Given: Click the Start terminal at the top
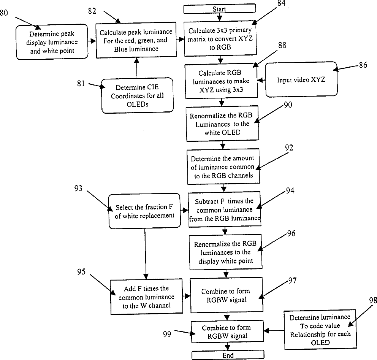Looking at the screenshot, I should pos(219,9).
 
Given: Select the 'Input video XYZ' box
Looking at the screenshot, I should pos(301,80).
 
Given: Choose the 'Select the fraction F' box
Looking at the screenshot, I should pos(144,211).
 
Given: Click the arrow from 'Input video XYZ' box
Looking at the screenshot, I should pos(261,80).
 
